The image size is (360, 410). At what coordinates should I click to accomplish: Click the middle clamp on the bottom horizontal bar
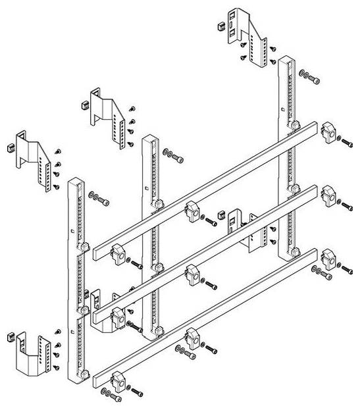pos(192,338)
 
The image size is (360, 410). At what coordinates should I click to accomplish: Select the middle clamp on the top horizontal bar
pos(192,211)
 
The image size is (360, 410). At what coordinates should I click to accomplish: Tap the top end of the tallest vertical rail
pos(286,61)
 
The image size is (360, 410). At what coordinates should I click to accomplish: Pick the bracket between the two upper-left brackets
pos(105,112)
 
